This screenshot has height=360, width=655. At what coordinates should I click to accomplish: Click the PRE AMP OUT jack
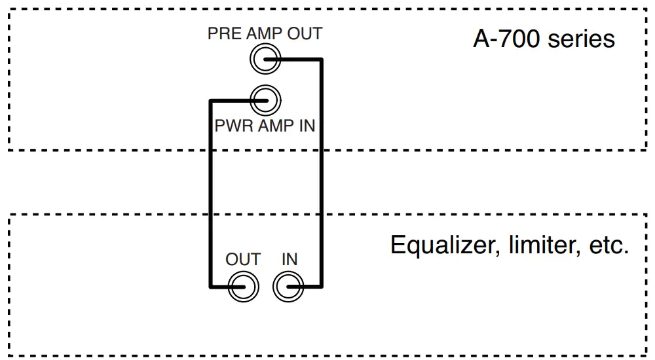[265, 60]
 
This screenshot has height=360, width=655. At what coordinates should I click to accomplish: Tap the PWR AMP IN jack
[265, 100]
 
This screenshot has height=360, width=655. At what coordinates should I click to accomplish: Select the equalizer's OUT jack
[243, 287]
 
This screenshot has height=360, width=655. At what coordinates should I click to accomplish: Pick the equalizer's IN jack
[289, 287]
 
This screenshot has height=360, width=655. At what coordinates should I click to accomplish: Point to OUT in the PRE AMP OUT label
[305, 33]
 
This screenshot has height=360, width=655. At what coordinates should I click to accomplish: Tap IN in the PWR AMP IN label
[307, 126]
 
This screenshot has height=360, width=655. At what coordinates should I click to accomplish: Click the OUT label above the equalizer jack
[243, 260]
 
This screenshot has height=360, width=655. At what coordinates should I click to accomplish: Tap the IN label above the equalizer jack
[290, 260]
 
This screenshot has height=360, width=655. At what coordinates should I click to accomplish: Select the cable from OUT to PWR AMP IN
[210, 196]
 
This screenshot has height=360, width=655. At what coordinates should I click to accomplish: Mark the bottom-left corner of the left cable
[210, 287]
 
